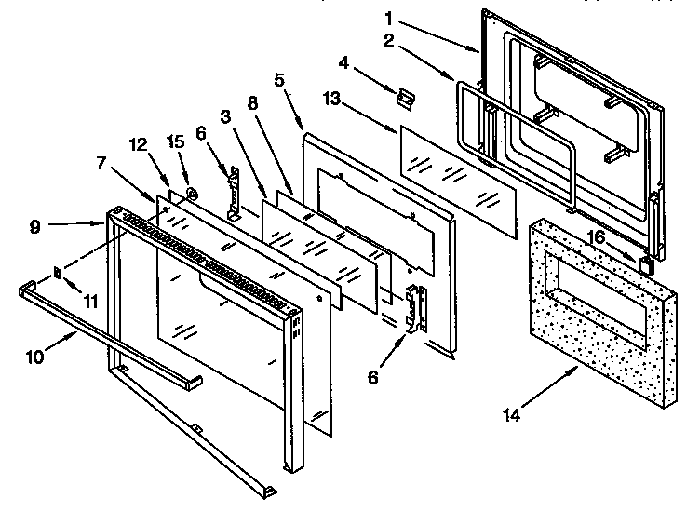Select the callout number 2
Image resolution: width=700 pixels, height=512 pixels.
389,41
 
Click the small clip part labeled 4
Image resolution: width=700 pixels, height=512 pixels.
405,96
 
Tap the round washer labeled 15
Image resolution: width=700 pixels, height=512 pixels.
191,195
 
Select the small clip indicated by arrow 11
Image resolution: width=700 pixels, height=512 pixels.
58,273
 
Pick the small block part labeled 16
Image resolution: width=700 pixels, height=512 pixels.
643,265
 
